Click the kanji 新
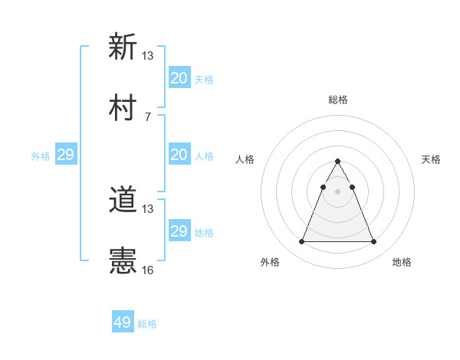[123, 47]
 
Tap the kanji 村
[123, 108]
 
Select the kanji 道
[123, 201]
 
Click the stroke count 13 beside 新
[148, 55]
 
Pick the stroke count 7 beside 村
[148, 116]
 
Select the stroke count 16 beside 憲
[148, 270]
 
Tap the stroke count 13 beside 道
[148, 209]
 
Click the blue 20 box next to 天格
[179, 78]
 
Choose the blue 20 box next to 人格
[179, 155]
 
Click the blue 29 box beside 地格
[179, 231]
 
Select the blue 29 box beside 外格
[66, 155]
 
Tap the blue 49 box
[123, 322]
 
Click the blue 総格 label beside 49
[147, 324]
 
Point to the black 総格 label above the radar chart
[338, 100]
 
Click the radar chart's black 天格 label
[431, 159]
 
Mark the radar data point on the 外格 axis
[301, 242]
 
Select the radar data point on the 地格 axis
[374, 242]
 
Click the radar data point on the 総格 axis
[338, 161]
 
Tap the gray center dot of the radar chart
[338, 191]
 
